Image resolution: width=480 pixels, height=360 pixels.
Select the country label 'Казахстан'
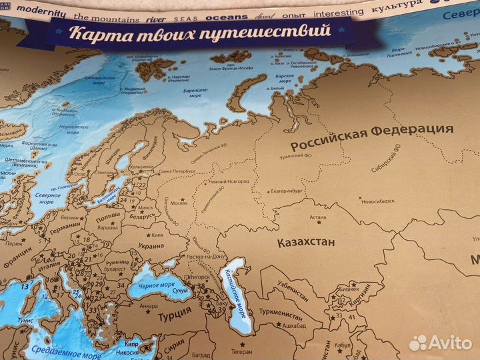point(306,243)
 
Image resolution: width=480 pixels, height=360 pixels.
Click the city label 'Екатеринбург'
point(291,191)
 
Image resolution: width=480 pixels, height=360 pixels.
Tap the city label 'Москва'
point(179,203)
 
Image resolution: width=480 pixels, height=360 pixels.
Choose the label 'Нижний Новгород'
point(229,181)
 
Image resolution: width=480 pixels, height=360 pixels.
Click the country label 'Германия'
point(65,225)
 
